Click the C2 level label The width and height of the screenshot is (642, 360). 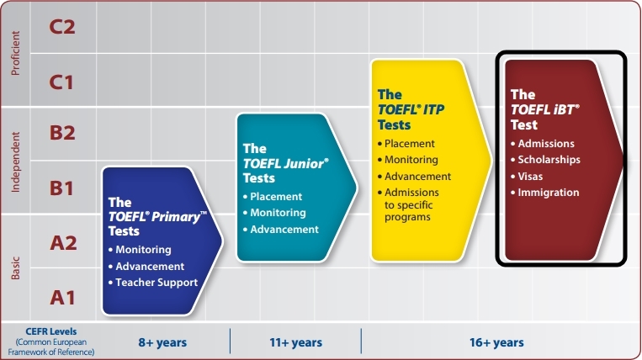click(x=62, y=27)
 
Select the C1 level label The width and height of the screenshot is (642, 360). click(x=61, y=82)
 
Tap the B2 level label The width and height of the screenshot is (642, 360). click(x=62, y=133)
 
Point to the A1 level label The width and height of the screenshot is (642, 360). click(x=62, y=298)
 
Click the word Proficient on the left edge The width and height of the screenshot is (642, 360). click(x=15, y=53)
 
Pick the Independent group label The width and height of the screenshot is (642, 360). click(x=15, y=162)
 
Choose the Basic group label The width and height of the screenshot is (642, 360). click(x=15, y=268)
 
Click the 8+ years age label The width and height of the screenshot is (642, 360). click(x=162, y=342)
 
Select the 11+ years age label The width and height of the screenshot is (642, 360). click(x=295, y=342)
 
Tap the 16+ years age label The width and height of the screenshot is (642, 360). click(x=496, y=342)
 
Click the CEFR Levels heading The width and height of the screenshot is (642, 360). click(x=51, y=331)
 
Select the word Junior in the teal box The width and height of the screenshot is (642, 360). click(x=305, y=164)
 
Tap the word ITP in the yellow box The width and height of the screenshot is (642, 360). click(x=433, y=109)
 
